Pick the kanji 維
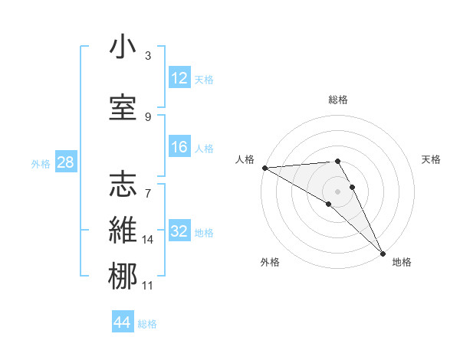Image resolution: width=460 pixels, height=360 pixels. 123,231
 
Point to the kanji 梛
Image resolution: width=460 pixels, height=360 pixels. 123,277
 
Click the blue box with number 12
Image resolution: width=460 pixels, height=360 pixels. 179,78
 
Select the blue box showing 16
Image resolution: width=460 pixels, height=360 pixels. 179,147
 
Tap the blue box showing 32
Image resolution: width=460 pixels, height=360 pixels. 179,232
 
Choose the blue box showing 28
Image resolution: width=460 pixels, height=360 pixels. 65,163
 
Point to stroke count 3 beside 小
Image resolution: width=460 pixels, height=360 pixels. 147,56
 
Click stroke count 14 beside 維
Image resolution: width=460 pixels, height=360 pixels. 148,240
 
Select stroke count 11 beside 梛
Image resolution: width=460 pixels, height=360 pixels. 148,286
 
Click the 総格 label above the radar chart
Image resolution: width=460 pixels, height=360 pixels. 337,100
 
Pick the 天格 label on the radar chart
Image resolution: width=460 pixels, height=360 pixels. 431,159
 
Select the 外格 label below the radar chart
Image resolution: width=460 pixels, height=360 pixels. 269,262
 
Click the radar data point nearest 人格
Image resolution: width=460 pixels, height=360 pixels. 264,167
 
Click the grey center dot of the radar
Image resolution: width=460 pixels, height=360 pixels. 337,190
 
